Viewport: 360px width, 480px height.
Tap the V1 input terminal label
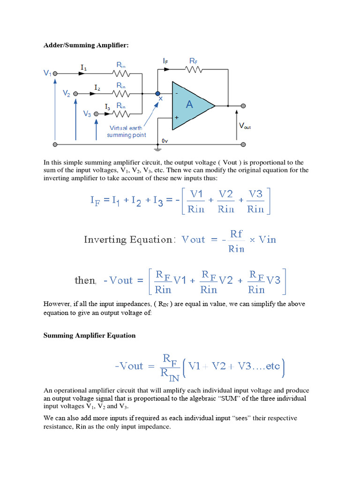(x=48, y=73)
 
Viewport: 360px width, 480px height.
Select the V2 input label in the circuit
(x=67, y=93)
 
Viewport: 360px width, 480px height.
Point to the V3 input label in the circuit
(x=87, y=114)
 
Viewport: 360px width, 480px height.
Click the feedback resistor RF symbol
(x=193, y=70)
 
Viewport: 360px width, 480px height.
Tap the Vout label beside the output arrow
(x=245, y=126)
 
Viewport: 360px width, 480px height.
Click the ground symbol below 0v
(x=157, y=149)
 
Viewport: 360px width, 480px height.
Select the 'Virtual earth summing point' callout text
(x=126, y=131)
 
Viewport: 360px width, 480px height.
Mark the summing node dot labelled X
(x=158, y=93)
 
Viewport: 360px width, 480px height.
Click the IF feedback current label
(x=166, y=61)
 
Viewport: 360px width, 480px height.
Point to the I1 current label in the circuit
(x=83, y=67)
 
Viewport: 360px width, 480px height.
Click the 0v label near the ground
(x=165, y=141)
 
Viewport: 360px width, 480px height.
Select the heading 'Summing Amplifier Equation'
(x=90, y=335)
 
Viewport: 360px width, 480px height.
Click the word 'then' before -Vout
(x=85, y=280)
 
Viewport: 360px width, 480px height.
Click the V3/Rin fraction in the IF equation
(x=255, y=202)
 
